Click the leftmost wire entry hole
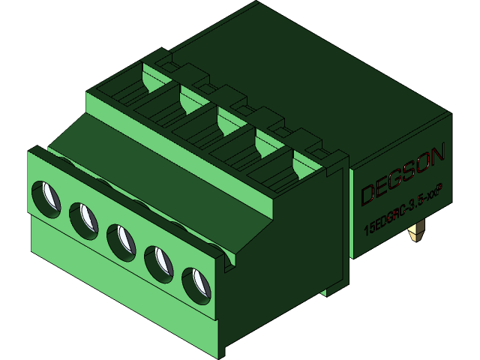[x=46, y=197]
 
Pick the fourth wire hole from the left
[x=159, y=262]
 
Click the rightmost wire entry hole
[x=196, y=284]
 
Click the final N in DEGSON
[x=439, y=153]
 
